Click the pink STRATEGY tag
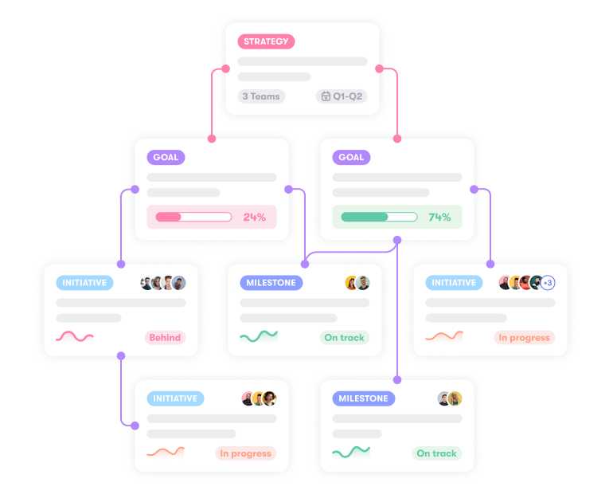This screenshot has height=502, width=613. [x=266, y=41]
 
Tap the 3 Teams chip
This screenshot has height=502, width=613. [x=261, y=96]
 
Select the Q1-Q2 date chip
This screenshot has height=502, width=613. [x=342, y=96]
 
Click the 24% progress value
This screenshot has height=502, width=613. [x=255, y=218]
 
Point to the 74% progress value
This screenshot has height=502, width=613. [x=439, y=218]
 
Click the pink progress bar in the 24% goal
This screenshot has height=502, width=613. [x=193, y=218]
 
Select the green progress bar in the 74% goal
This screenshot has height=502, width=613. [x=379, y=218]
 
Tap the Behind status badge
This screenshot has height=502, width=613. [x=165, y=338]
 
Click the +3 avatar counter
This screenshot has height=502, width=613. [x=548, y=283]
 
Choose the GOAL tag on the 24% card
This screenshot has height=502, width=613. [x=166, y=157]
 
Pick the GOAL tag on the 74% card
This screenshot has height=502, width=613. [x=351, y=157]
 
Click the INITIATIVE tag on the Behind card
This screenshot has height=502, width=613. [x=84, y=283]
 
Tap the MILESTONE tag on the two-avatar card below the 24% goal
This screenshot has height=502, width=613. [x=271, y=283]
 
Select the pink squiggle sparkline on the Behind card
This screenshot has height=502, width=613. [x=75, y=336]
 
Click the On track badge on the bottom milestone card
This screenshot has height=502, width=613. [x=437, y=453]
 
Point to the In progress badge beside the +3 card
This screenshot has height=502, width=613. [x=525, y=338]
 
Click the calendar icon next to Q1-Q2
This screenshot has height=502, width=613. [x=326, y=96]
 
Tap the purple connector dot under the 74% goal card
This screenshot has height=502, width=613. [x=397, y=240]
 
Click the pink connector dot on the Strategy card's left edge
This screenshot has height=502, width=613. [x=225, y=69]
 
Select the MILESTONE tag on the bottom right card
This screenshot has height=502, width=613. [x=364, y=398]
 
